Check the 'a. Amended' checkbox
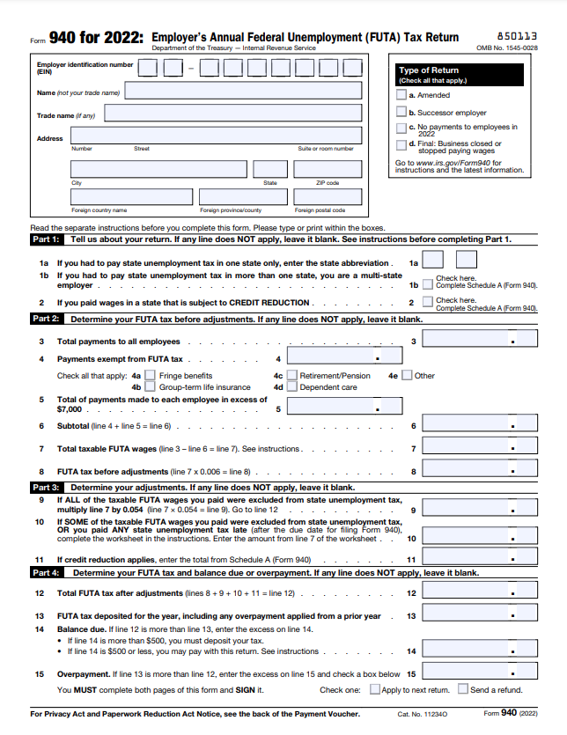coord(401,95)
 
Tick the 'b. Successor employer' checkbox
coord(401,113)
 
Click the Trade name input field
coord(232,113)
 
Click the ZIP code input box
coord(327,170)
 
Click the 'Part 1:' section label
coord(46,239)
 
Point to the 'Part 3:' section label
coord(46,487)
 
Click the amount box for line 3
coord(480,342)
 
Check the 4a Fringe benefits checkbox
coord(150,376)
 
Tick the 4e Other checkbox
coord(407,376)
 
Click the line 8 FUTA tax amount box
coord(480,472)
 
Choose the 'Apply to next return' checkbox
coord(375,689)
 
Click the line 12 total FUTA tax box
coord(480,594)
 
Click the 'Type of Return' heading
coord(429,70)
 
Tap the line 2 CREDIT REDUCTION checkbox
coord(427,303)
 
